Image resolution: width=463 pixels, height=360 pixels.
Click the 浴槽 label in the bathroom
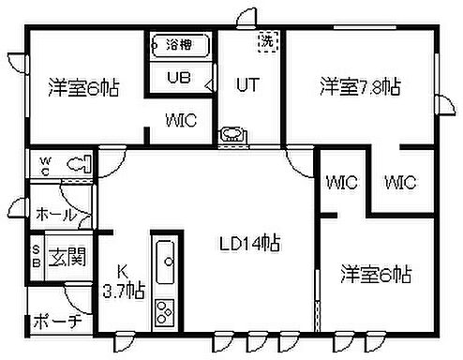coord(179,44)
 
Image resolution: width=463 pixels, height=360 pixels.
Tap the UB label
coord(178,78)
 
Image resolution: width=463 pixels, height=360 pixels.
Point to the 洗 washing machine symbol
coord(268,40)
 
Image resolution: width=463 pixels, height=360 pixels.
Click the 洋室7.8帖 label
coord(361,87)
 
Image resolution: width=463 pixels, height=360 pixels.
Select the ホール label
coord(55,214)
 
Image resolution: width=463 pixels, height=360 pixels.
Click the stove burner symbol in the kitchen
coord(166,312)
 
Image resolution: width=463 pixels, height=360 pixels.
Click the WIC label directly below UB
coord(182,120)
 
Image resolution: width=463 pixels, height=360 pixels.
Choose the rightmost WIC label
coord(399,182)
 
